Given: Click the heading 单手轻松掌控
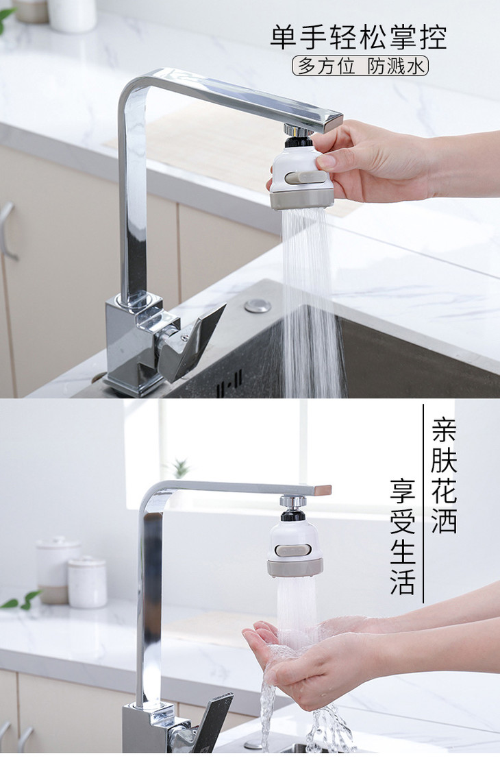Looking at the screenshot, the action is tap(359, 38).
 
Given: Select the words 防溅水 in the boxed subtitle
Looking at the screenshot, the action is tap(396, 66).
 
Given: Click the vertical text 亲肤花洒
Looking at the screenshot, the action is tap(444, 476).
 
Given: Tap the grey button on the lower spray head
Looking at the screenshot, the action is tap(293, 550).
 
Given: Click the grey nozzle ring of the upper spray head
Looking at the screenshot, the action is tap(302, 199).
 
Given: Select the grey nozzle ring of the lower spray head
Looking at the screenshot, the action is tap(295, 568).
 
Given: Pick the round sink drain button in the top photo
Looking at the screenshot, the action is tap(258, 306).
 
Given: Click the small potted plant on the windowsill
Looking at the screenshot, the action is tap(181, 468).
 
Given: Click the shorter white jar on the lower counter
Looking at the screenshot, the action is tap(88, 582).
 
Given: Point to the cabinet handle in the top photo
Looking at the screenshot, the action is tap(6, 230).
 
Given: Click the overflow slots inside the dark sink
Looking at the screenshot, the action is tap(230, 379).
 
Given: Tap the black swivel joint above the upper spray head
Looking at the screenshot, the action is tap(297, 142).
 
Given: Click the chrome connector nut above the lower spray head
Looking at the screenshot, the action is tap(292, 502).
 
